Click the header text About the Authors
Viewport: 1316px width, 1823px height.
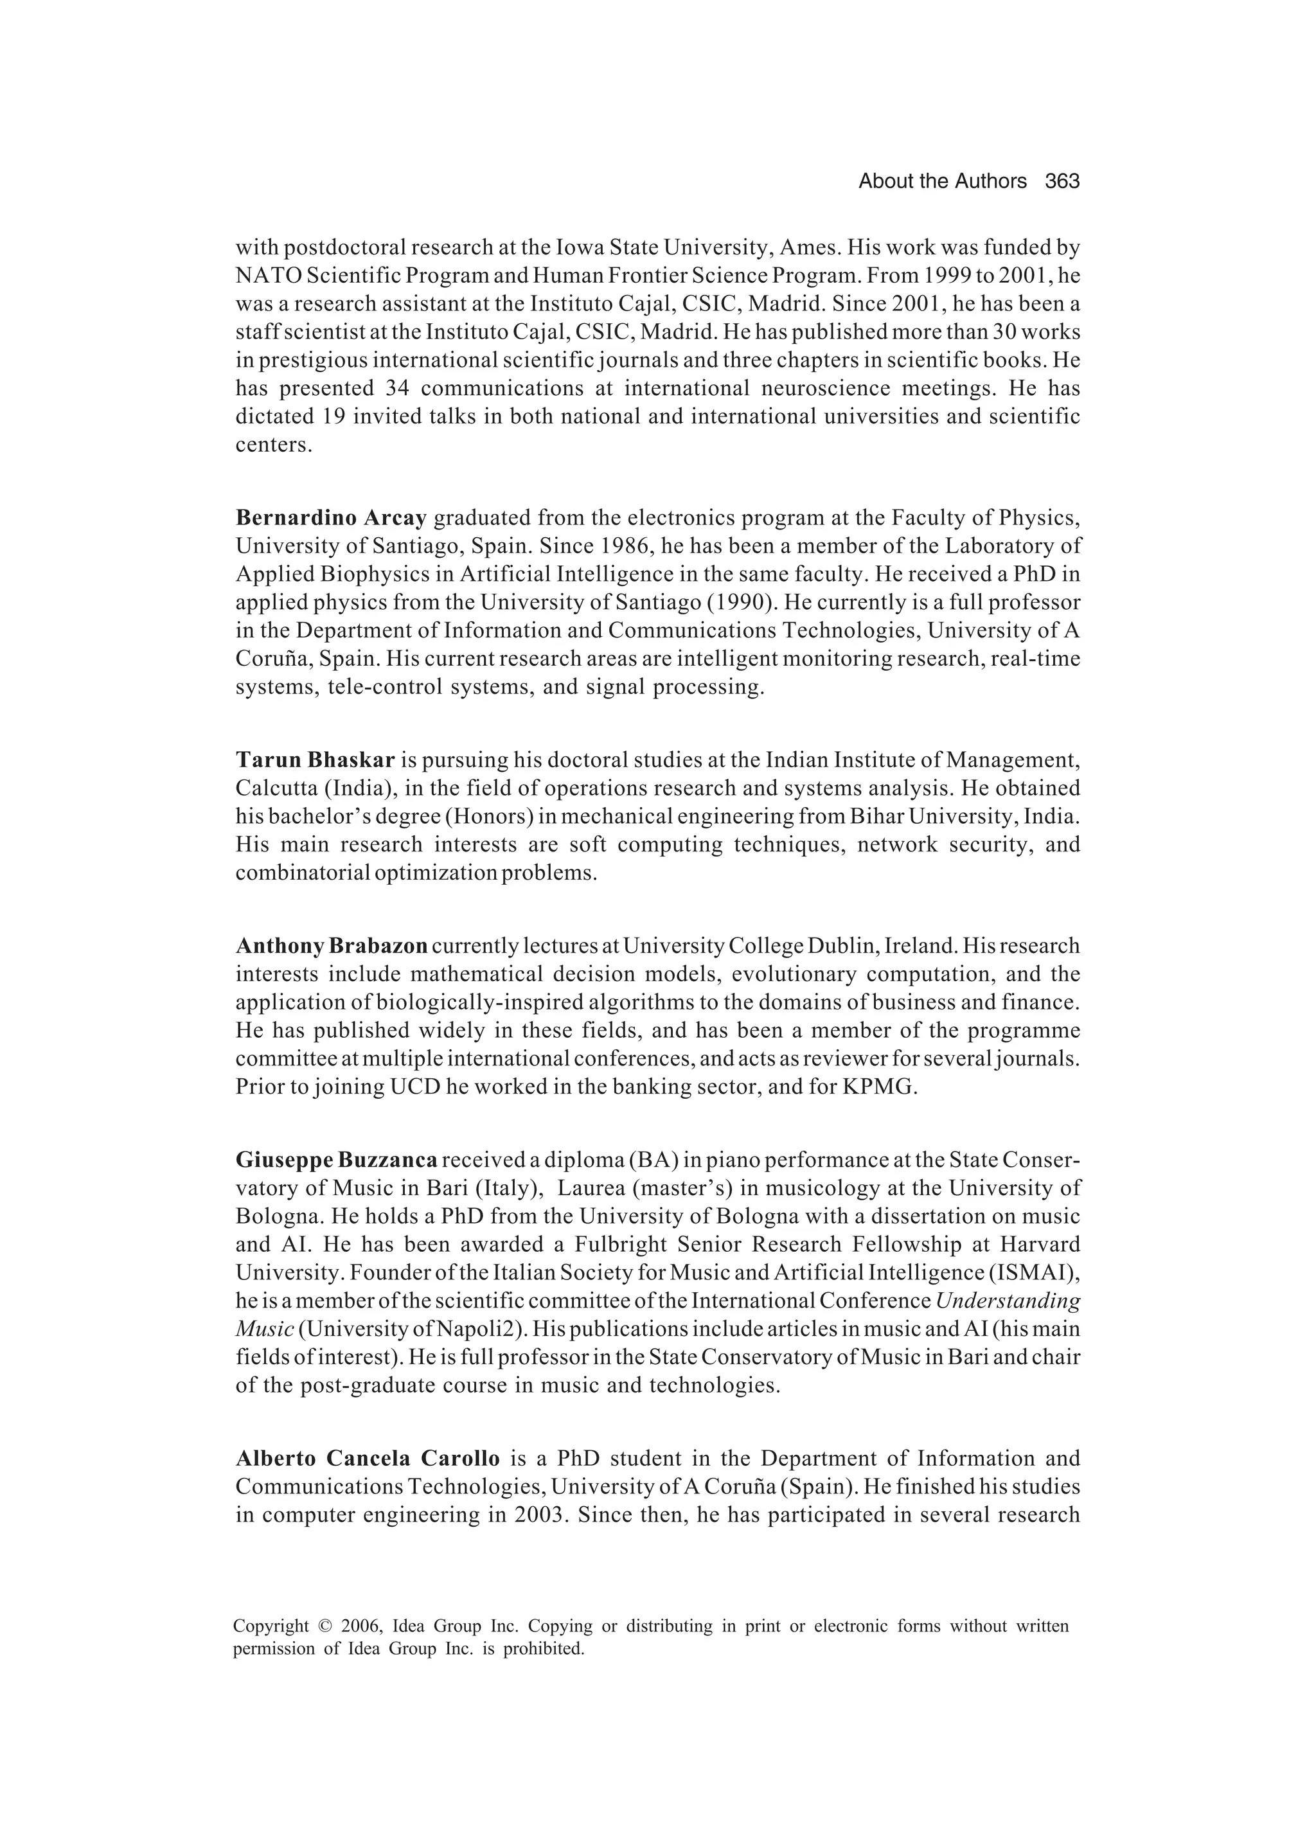pyautogui.click(x=942, y=182)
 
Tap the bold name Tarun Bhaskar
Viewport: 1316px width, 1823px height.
pyautogui.click(x=315, y=760)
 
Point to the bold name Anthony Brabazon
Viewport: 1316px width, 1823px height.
pyautogui.click(x=331, y=946)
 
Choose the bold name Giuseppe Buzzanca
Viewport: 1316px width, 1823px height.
pyautogui.click(x=336, y=1160)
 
